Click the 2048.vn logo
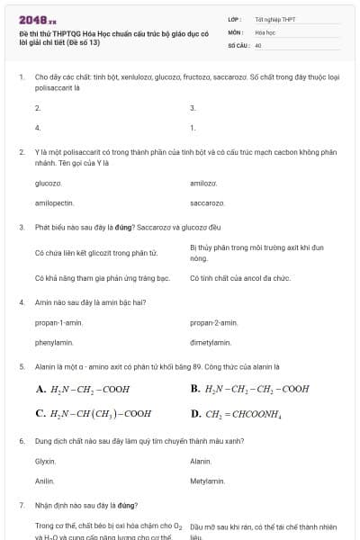pyautogui.click(x=38, y=20)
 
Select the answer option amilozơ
pyautogui.click(x=204, y=183)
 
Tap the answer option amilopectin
pyautogui.click(x=54, y=203)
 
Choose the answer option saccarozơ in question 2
pyautogui.click(x=207, y=203)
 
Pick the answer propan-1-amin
pyautogui.click(x=60, y=322)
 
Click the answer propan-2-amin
pyautogui.click(x=214, y=322)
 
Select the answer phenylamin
pyautogui.click(x=54, y=343)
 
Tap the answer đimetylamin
pyautogui.click(x=211, y=343)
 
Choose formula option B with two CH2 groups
pyautogui.click(x=249, y=390)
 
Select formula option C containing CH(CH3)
pyautogui.click(x=93, y=414)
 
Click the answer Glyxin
pyautogui.click(x=45, y=462)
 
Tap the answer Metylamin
pyautogui.click(x=206, y=481)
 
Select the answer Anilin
pyautogui.click(x=44, y=481)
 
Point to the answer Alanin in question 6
pyautogui.click(x=201, y=462)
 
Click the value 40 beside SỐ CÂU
pyautogui.click(x=258, y=44)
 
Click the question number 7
pyautogui.click(x=22, y=506)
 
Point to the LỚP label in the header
pyautogui.click(x=234, y=19)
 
